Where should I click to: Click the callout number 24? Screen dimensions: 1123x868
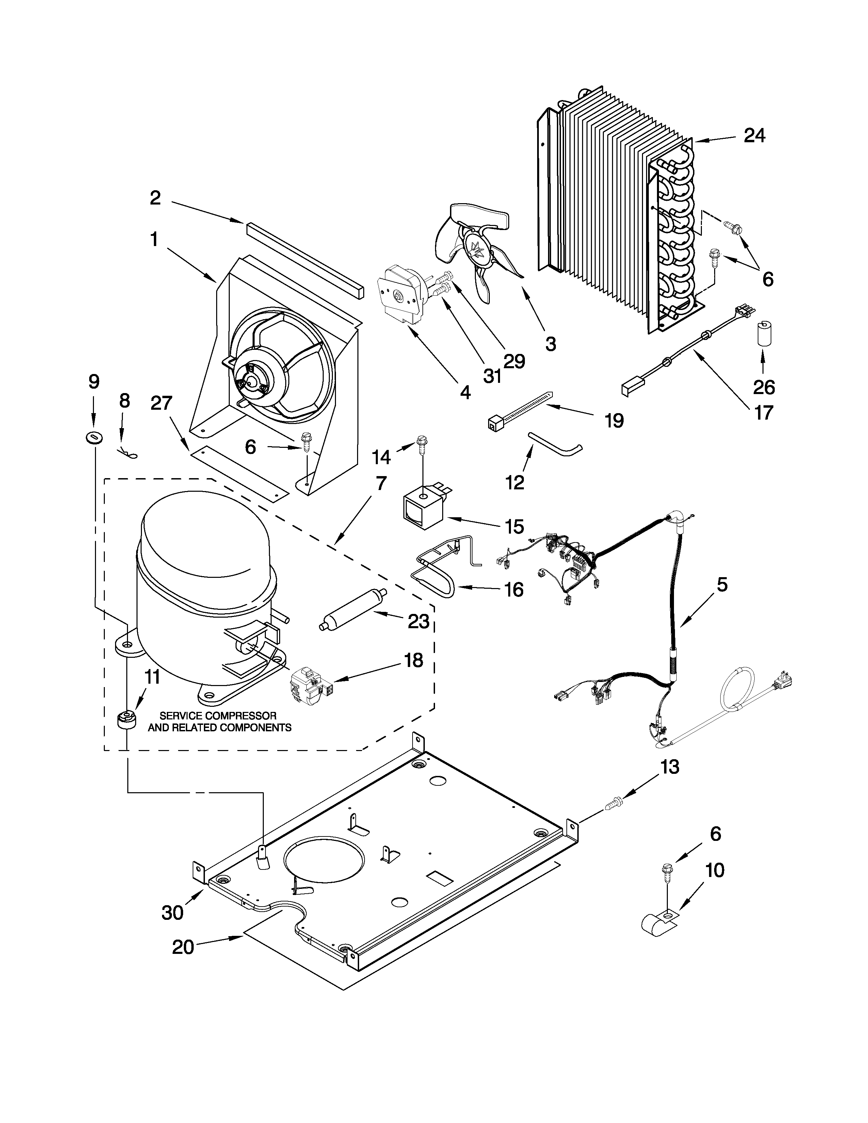[x=754, y=136]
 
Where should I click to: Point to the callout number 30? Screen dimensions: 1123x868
[x=172, y=913]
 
